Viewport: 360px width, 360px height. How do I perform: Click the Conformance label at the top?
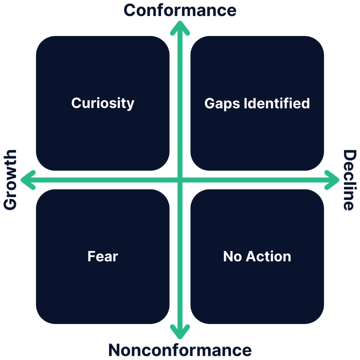click(180, 10)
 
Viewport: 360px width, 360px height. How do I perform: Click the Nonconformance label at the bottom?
click(180, 350)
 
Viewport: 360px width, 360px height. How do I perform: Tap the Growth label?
click(10, 180)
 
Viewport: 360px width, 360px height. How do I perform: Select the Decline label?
click(349, 180)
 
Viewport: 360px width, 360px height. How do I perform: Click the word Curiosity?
click(103, 103)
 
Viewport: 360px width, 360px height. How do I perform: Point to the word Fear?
click(103, 256)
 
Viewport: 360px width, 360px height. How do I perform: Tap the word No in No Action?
click(232, 256)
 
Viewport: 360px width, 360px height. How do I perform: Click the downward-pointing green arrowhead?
click(180, 333)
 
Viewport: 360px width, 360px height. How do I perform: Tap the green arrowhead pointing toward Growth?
click(27, 180)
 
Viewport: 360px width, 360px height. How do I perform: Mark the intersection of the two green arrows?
click(180, 180)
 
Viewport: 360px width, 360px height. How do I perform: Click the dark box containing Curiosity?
click(103, 131)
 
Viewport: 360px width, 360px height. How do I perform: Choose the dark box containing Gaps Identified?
click(257, 131)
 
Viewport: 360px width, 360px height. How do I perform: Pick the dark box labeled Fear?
click(103, 287)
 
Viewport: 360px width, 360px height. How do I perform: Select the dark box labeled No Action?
click(257, 287)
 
